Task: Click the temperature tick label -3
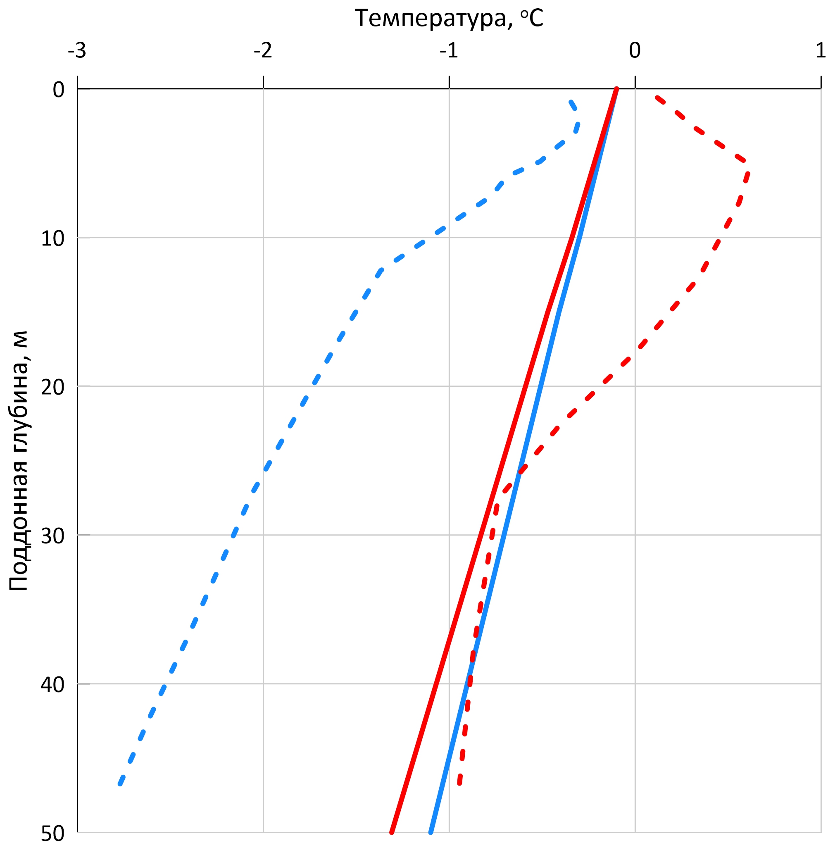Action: [77, 51]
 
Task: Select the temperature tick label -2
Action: [263, 51]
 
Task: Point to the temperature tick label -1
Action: [449, 51]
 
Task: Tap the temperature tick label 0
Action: [635, 51]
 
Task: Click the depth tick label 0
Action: [59, 90]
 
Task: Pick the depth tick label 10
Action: [52, 238]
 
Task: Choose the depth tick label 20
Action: [52, 387]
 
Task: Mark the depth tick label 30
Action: [52, 536]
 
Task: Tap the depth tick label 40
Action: [52, 685]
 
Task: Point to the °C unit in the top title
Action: [531, 19]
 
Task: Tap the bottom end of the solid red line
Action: [392, 832]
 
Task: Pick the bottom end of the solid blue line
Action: [431, 832]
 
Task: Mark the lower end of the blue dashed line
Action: [120, 784]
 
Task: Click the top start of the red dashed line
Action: [657, 97]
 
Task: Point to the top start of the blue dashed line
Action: [571, 102]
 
